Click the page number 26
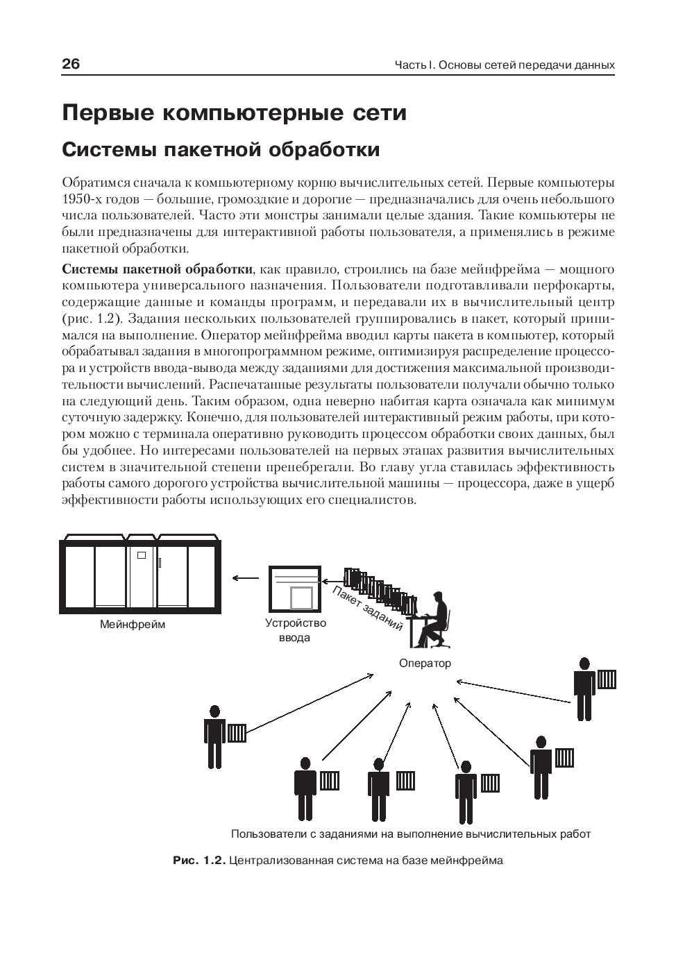71,65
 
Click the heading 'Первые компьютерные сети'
234,113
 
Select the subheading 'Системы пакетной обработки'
221,150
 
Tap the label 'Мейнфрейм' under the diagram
133,625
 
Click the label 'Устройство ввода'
295,630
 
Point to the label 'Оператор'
425,664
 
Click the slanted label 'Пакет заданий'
368,608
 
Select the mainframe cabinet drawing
142,573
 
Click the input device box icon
295,587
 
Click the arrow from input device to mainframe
244,577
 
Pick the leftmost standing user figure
214,736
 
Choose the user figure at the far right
584,688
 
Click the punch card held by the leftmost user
237,733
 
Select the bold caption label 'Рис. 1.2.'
199,861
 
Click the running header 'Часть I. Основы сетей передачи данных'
505,65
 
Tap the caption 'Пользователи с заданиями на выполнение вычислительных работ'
410,834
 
